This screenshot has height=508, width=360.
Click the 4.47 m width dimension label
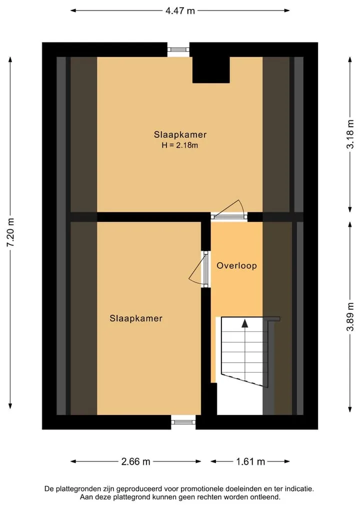[180, 10]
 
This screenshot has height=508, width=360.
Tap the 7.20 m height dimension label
[10, 232]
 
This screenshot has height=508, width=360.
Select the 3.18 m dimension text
[350, 134]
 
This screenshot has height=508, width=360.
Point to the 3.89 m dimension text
[350, 317]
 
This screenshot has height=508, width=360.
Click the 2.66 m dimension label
[135, 462]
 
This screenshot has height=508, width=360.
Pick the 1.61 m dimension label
[250, 462]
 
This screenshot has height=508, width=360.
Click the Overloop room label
[237, 266]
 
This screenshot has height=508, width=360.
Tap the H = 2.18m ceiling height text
[179, 145]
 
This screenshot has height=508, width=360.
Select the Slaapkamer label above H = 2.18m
[180, 134]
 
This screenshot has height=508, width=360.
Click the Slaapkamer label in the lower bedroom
[136, 318]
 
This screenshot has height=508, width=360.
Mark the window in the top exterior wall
[178, 49]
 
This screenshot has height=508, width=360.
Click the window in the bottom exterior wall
[183, 422]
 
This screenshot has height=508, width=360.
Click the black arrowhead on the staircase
[245, 323]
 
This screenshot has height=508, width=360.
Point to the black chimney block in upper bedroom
[211, 70]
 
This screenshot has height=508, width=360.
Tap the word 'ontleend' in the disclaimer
[265, 497]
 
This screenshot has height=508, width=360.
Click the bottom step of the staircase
[245, 379]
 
